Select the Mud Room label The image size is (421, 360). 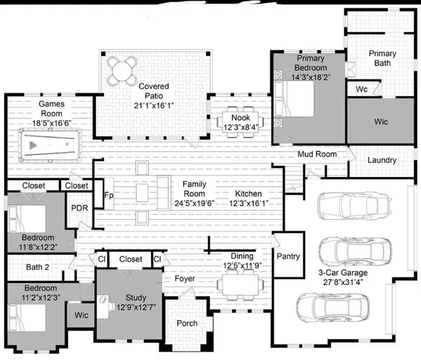(317, 154)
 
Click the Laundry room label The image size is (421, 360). (382, 160)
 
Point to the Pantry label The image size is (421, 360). (288, 256)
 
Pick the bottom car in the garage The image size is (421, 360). (333, 307)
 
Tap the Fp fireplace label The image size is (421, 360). (109, 196)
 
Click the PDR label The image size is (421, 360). (79, 208)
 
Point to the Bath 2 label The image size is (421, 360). (37, 267)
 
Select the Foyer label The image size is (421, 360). (185, 279)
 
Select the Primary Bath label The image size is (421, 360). (383, 58)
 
